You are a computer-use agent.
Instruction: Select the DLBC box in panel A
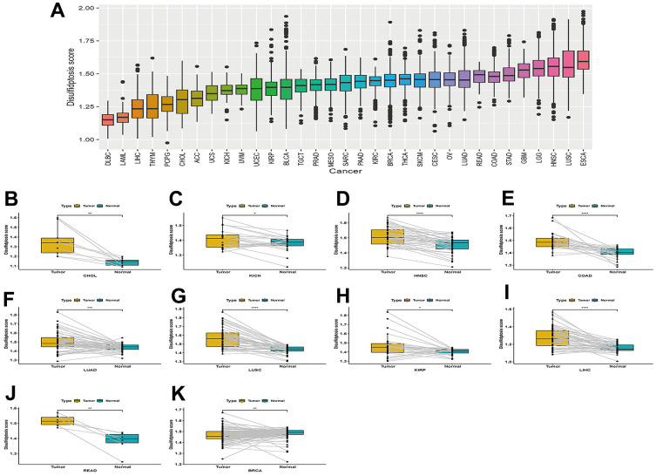[108, 119]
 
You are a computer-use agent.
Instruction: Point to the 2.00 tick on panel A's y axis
[85, 8]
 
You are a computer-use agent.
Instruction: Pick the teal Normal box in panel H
[452, 351]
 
